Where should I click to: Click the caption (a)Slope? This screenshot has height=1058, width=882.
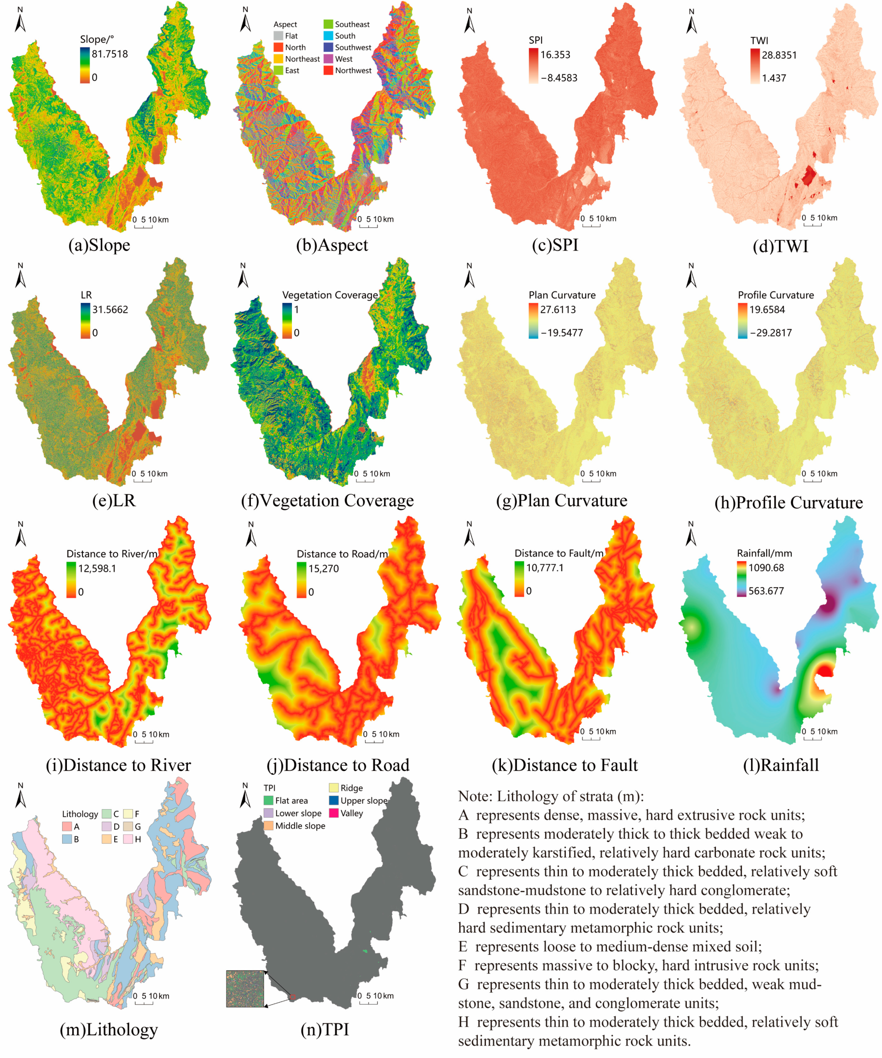99,245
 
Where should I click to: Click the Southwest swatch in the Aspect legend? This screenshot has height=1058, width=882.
328,47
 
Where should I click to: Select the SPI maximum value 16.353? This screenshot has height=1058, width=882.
555,55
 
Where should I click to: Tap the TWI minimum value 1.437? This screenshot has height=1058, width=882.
774,78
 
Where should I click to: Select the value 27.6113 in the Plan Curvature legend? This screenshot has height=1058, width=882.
557,309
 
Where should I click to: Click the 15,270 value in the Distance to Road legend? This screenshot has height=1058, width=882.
324,569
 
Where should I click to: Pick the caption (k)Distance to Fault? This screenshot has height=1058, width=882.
565,765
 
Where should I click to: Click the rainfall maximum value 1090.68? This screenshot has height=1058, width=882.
766,568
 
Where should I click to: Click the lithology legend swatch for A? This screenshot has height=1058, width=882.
67,826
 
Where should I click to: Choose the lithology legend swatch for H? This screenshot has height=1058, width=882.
128,839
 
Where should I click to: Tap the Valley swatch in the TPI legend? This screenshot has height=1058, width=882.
334,813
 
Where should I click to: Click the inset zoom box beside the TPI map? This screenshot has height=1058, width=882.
245,988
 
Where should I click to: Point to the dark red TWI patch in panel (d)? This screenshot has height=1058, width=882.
808,177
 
